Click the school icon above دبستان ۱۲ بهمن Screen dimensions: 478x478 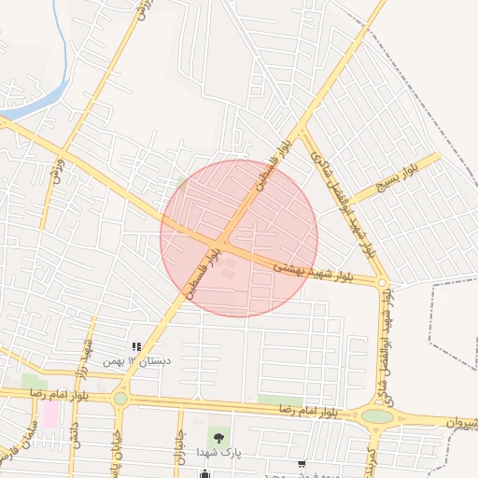[137, 347]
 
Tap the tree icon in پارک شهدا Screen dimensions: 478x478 [218, 436]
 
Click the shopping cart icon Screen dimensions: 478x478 [301, 464]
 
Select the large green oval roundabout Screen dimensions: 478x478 [377, 416]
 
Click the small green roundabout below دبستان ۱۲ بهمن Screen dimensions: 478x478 [120, 399]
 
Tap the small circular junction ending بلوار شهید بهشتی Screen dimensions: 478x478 [383, 282]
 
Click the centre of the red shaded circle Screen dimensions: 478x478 [239, 238]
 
